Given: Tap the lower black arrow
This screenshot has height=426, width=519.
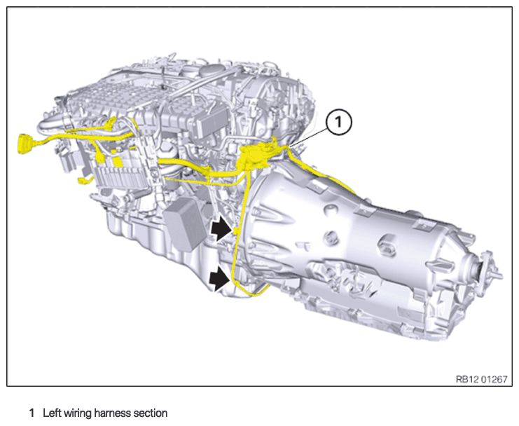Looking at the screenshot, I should click(220, 279).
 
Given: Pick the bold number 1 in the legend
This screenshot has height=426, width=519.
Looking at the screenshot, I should click(32, 413).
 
